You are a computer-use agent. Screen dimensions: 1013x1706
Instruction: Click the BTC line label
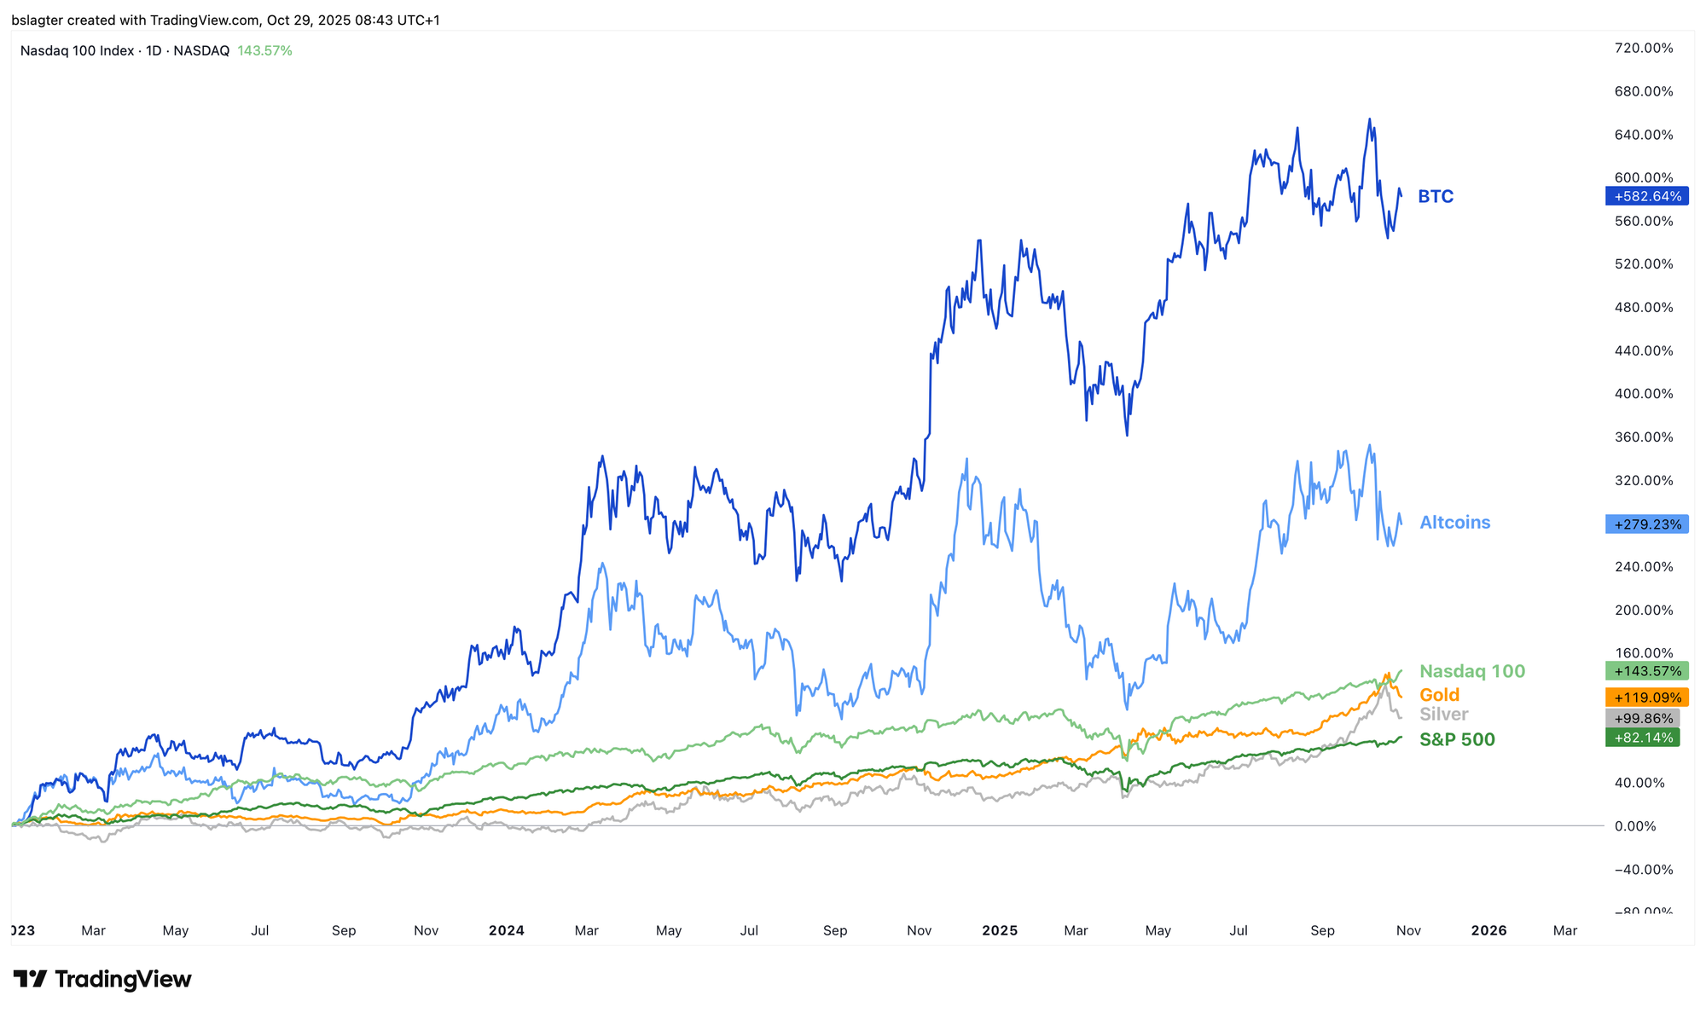click(1436, 197)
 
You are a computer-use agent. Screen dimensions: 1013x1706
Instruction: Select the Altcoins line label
click(1454, 523)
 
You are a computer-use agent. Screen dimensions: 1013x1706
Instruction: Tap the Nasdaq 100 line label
click(1471, 672)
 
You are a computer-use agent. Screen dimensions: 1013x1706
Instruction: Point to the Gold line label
click(1439, 695)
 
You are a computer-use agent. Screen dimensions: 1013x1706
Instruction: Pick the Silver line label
click(1443, 715)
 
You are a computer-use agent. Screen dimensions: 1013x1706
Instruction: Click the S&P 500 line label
click(1457, 740)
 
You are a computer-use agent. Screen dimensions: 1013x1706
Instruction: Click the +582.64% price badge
click(1646, 197)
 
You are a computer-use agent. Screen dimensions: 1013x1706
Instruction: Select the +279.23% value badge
click(1646, 524)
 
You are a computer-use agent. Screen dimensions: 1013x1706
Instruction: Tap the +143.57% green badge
click(1646, 671)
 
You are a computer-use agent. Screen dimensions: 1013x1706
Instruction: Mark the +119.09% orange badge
click(1646, 698)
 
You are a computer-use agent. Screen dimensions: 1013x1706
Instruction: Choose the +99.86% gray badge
click(1642, 719)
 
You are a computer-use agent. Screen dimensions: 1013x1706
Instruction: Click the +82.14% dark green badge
click(1642, 738)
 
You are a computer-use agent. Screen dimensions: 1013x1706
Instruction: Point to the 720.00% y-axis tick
click(1643, 49)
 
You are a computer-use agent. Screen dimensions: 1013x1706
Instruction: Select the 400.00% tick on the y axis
click(1643, 394)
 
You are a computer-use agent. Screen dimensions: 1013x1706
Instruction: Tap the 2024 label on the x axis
click(506, 930)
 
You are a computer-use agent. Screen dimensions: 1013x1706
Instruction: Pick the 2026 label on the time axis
click(1488, 930)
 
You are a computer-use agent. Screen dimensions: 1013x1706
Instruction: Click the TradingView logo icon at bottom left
click(30, 979)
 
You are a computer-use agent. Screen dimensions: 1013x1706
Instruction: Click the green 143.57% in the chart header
click(264, 51)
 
